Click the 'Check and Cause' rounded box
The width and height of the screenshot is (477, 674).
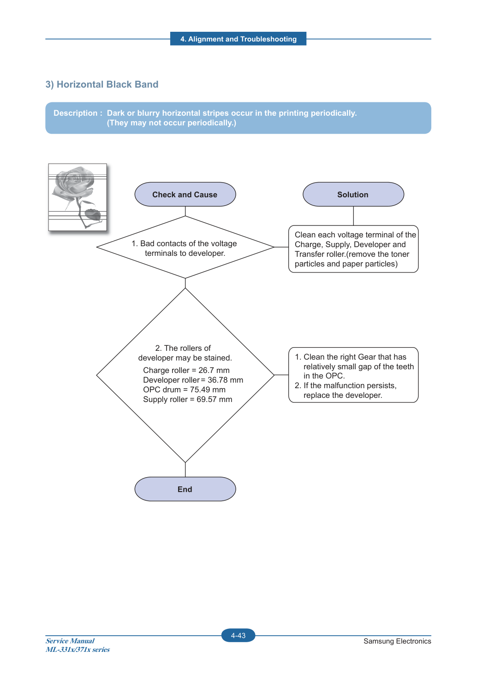pyautogui.click(x=185, y=194)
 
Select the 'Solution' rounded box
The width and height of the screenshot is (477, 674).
pyautogui.click(x=353, y=194)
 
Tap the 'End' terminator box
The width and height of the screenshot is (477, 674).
pyautogui.click(x=185, y=489)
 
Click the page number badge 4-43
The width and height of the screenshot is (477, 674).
pyautogui.click(x=238, y=635)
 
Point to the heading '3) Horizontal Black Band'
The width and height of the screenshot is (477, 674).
pyautogui.click(x=102, y=84)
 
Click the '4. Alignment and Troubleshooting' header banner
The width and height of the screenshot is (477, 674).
pyautogui.click(x=238, y=39)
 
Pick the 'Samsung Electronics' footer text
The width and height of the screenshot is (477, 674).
pyautogui.click(x=397, y=641)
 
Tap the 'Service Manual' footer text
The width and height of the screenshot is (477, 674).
pyautogui.click(x=70, y=641)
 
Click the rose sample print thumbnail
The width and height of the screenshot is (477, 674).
pyautogui.click(x=78, y=197)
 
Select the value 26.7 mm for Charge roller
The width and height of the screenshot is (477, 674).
pyautogui.click(x=214, y=370)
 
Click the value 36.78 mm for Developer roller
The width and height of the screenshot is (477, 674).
pyautogui.click(x=225, y=380)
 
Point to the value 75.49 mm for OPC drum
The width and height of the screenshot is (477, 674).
pyautogui.click(x=208, y=390)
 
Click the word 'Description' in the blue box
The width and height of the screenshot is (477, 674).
pyautogui.click(x=75, y=113)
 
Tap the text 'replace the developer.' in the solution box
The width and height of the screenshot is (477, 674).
pyautogui.click(x=343, y=395)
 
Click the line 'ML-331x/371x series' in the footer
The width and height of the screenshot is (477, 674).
pyautogui.click(x=78, y=649)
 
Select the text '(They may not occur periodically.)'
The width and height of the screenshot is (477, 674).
pyautogui.click(x=172, y=123)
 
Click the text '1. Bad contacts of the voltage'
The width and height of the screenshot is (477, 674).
pyautogui.click(x=185, y=243)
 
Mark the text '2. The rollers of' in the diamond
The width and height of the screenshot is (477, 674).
pyautogui.click(x=183, y=348)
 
